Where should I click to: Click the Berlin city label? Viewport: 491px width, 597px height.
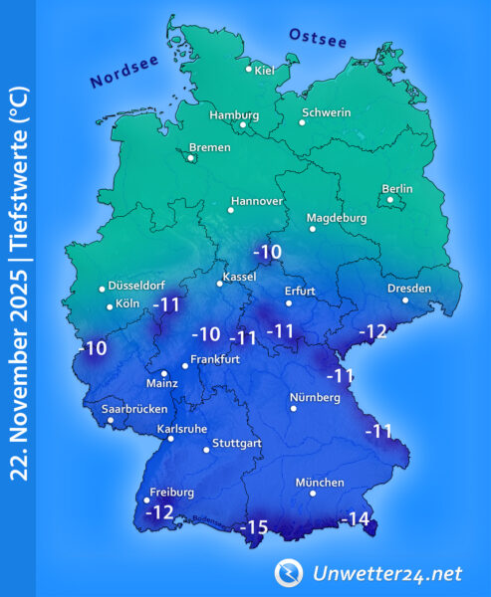coord(397,189)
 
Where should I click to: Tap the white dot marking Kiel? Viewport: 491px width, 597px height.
coord(249,69)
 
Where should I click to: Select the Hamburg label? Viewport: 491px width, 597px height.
coord(234,114)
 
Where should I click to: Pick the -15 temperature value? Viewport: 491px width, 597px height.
coord(257,526)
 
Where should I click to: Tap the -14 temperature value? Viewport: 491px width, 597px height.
coord(355,518)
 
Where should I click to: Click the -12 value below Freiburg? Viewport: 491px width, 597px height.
coord(159,512)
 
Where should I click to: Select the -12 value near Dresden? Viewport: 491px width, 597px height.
coord(372,331)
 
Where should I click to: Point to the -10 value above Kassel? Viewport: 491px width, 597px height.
coord(267,251)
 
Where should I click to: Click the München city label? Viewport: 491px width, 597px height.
coord(320,483)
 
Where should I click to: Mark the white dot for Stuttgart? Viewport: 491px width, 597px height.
coord(206,450)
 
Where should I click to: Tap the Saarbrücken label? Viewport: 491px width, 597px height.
coord(134,408)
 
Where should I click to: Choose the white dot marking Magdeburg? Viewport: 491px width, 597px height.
coord(313,229)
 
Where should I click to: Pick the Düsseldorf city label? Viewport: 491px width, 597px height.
coord(139,284)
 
